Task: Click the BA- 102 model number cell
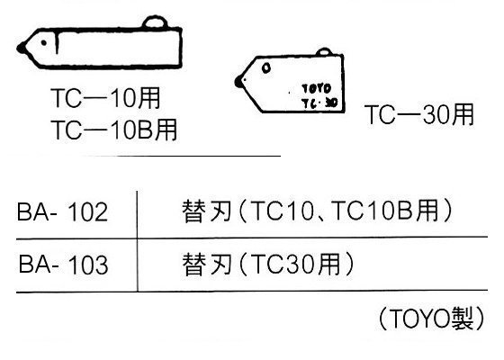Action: (62, 212)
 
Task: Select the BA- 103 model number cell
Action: (63, 265)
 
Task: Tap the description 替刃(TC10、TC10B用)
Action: (317, 211)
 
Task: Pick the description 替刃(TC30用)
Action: (268, 265)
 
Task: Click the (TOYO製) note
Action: (431, 319)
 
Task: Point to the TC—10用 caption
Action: (105, 98)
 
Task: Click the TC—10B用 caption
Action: (113, 130)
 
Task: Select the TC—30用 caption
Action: (419, 114)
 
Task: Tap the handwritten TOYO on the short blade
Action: (316, 88)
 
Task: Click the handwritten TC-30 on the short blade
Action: (319, 103)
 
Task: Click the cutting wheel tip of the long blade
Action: (22, 49)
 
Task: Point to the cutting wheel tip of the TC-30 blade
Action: (238, 81)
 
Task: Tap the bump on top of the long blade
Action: (155, 22)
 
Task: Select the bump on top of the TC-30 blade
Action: (323, 51)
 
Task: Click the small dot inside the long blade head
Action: (44, 43)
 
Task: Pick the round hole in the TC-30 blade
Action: (266, 67)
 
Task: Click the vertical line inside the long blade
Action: (57, 42)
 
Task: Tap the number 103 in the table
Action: (88, 265)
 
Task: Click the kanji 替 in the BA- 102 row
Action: (193, 211)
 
